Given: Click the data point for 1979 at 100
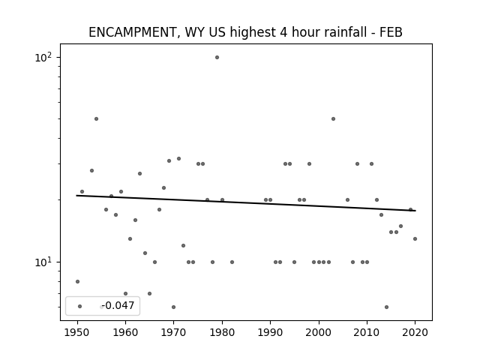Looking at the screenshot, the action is click(217, 57).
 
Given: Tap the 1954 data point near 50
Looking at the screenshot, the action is click(97, 118).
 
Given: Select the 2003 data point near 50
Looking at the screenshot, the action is click(333, 118).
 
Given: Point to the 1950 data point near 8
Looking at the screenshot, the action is click(77, 282).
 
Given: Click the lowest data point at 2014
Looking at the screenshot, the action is click(387, 307).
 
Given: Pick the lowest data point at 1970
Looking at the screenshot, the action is click(173, 307).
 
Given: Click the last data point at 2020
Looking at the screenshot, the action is click(415, 238).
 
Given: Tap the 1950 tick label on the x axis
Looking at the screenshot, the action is click(77, 332).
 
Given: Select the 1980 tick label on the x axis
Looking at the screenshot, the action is click(222, 332).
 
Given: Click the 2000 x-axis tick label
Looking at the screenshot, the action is click(319, 332).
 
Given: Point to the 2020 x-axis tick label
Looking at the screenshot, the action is click(415, 332).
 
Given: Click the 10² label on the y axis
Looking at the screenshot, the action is click(43, 57).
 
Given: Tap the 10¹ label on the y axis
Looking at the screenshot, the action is click(43, 262).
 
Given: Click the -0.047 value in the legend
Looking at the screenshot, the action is click(118, 305).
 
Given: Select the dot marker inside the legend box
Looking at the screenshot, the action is click(80, 306).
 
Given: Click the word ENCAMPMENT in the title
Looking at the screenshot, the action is click(132, 32).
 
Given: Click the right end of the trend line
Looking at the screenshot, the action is click(415, 211).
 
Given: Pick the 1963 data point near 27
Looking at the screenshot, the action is click(140, 173).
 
